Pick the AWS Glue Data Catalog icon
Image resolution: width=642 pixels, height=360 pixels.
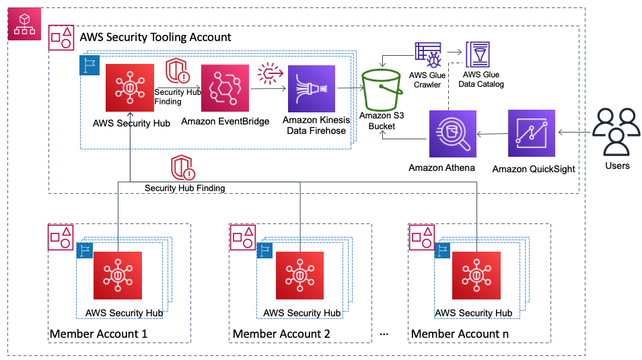click(478, 54)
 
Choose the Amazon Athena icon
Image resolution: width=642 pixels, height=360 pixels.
click(453, 135)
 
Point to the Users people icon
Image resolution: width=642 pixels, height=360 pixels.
click(616, 132)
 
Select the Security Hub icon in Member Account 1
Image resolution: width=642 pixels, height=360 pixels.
click(118, 275)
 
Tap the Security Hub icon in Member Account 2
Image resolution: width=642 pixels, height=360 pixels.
click(299, 275)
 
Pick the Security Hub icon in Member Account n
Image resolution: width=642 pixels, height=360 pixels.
click(476, 275)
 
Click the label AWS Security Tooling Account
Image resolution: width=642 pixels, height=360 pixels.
click(155, 38)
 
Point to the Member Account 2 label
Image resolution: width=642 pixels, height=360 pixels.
click(281, 334)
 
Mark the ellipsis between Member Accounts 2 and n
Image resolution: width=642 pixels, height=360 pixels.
click(385, 334)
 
